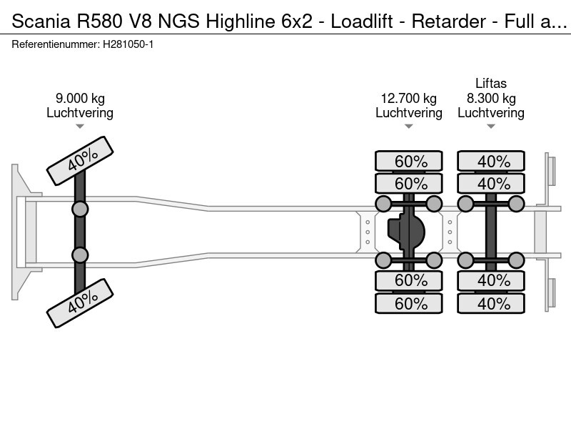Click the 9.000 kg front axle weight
(80, 99)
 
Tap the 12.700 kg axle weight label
(408, 99)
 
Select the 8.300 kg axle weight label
(491, 99)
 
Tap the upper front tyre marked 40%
(80, 162)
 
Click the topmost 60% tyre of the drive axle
(410, 162)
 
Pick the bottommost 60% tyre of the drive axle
(410, 303)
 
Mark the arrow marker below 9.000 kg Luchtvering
(80, 127)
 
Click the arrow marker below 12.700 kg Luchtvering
(408, 127)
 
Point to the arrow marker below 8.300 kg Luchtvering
(491, 127)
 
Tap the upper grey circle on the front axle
(80, 209)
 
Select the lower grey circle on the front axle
(80, 255)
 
